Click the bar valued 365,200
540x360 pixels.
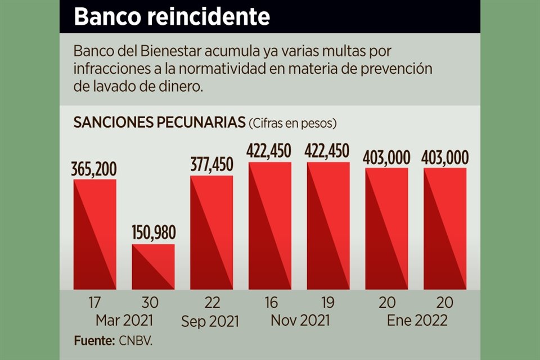click(95, 234)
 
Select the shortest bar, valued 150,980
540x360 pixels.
click(153, 267)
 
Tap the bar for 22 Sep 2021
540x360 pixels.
click(211, 232)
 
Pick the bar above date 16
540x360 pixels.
click(270, 226)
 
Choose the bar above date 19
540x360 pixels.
click(328, 226)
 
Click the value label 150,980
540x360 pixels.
click(153, 232)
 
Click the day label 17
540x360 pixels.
click(94, 303)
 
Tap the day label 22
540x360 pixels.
click(211, 303)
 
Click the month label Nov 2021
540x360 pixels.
click(299, 321)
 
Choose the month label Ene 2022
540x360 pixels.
click(417, 321)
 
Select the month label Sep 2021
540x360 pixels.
click(210, 321)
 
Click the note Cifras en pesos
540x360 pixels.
click(293, 123)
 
